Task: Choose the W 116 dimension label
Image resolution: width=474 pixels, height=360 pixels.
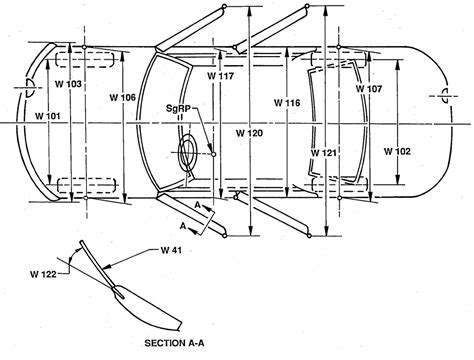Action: (286, 103)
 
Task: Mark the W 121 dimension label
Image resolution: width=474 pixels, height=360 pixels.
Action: (324, 152)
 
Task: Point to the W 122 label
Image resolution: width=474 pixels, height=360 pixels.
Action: (44, 269)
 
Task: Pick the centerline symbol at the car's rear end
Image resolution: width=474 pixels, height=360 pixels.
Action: (441, 97)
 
